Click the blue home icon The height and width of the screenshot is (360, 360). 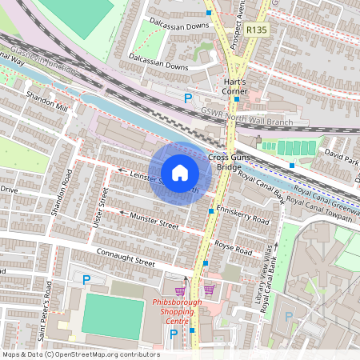[x=180, y=173]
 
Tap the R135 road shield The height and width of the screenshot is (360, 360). [x=257, y=30]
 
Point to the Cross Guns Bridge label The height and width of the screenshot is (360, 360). [x=230, y=162]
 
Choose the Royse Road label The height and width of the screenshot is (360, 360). [x=234, y=246]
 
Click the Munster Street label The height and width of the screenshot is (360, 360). [x=155, y=221]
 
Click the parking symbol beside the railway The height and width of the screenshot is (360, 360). [x=189, y=98]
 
